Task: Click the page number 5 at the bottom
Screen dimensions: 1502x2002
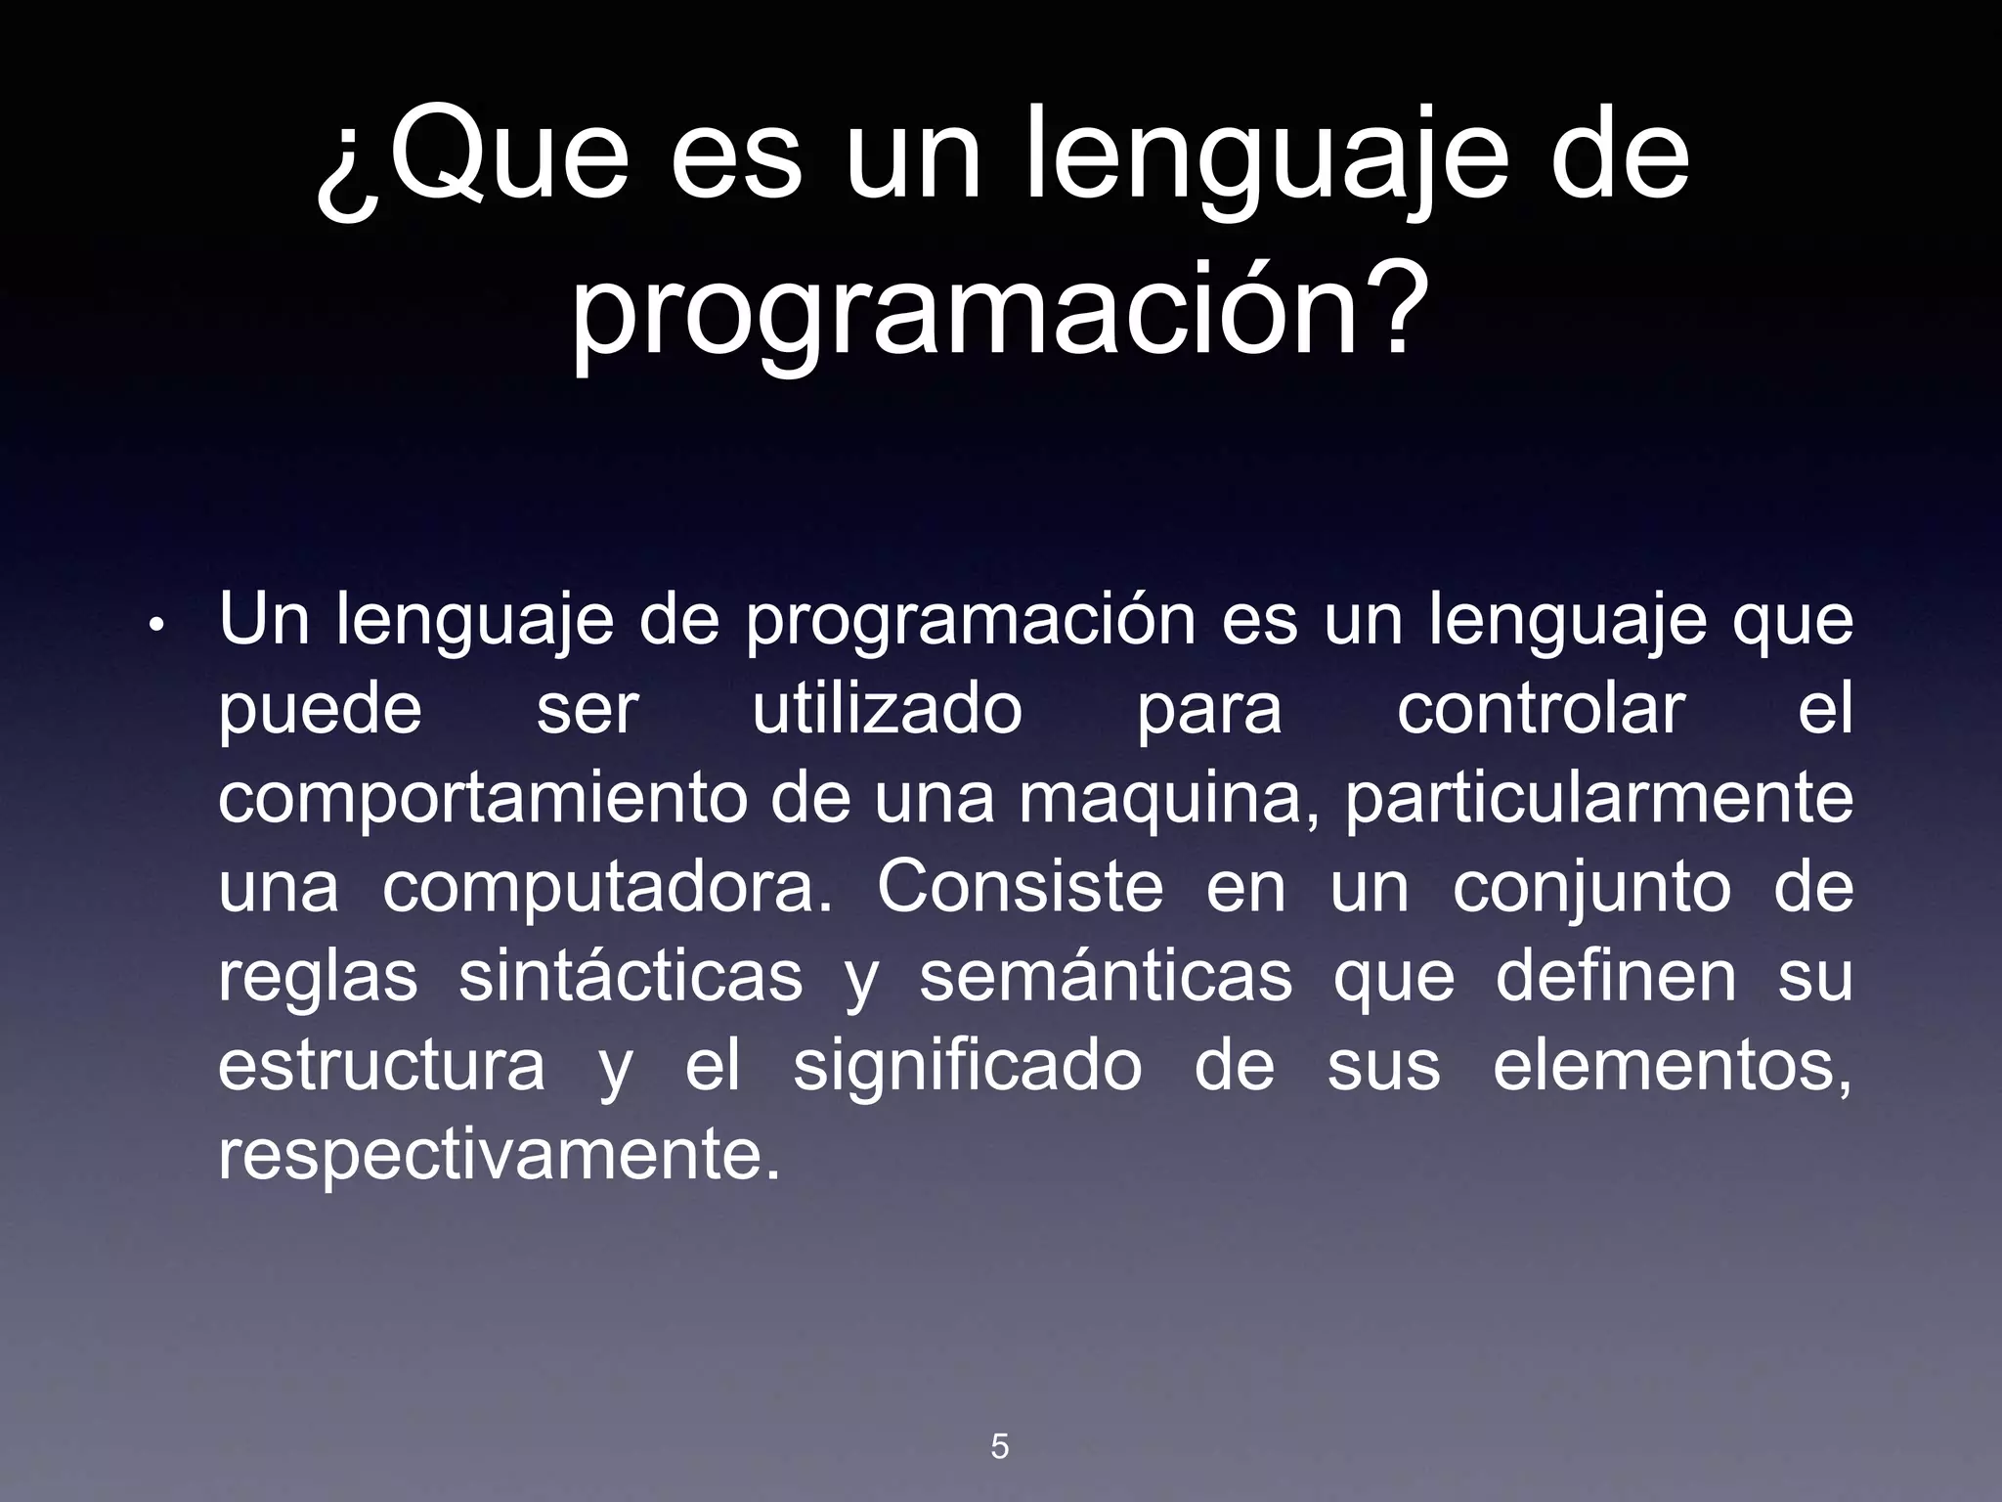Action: tap(999, 1446)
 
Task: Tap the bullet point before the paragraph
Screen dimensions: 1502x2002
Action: tap(156, 627)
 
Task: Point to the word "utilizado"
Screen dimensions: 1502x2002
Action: tap(887, 710)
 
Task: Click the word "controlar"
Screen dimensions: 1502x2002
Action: tap(1541, 710)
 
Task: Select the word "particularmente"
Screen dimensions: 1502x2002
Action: tap(1599, 800)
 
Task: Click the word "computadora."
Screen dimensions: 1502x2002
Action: tap(607, 889)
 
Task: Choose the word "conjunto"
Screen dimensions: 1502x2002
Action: tap(1591, 889)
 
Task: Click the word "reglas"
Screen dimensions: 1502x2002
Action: tap(318, 978)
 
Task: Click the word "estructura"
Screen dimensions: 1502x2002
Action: tap(381, 1066)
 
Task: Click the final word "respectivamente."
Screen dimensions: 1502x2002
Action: tap(500, 1157)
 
